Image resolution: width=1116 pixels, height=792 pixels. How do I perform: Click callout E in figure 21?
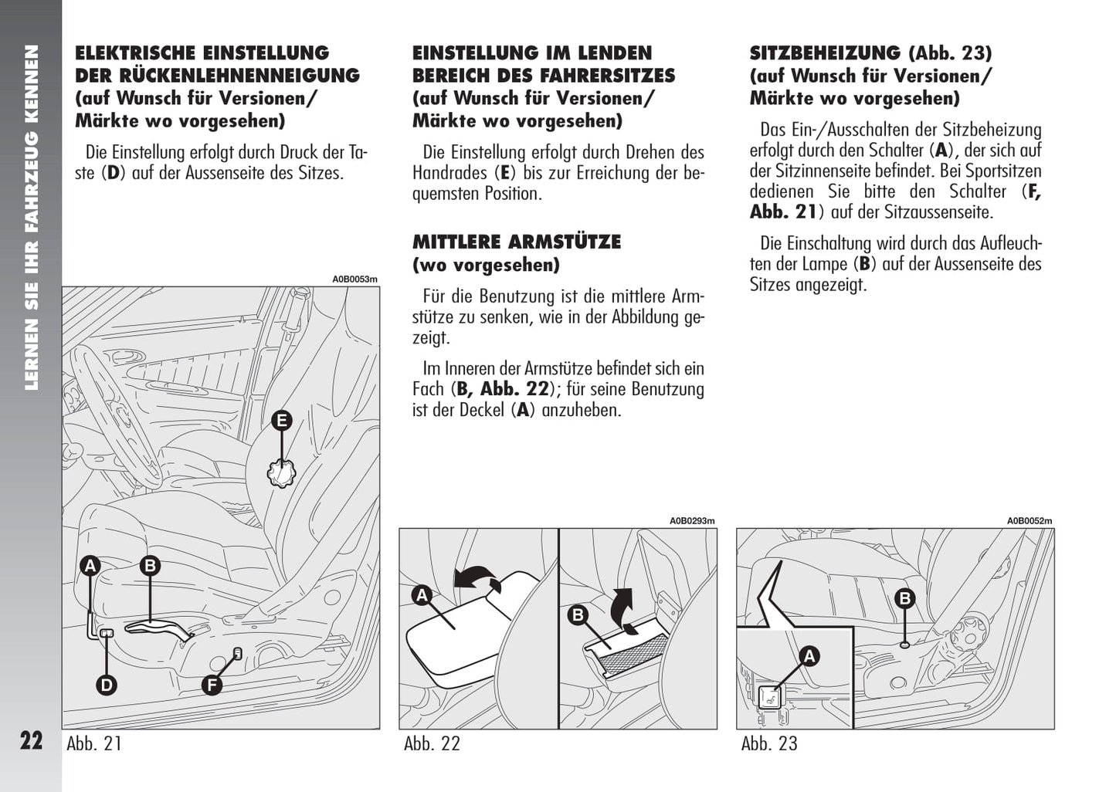click(x=282, y=421)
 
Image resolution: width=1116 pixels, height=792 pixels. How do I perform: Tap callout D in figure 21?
click(x=107, y=685)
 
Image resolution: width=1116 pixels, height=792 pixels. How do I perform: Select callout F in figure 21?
click(x=211, y=685)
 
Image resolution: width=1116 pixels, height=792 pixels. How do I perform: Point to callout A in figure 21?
click(x=90, y=566)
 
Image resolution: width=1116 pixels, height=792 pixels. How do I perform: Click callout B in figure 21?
click(x=150, y=566)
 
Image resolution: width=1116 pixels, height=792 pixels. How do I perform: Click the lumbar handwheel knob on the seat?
click(x=281, y=473)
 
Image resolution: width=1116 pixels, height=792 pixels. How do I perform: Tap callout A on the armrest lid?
click(x=422, y=595)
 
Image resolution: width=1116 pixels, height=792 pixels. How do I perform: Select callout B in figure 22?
click(x=577, y=615)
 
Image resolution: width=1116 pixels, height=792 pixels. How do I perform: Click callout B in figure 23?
click(x=904, y=597)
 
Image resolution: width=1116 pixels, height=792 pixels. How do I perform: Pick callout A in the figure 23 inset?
click(x=809, y=656)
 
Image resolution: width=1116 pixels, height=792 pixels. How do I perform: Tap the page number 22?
click(x=31, y=741)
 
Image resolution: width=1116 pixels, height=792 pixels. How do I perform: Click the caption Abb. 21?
click(x=94, y=744)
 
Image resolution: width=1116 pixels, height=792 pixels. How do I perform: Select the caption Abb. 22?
click(x=432, y=744)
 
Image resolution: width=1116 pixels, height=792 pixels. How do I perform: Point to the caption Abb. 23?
click(x=769, y=744)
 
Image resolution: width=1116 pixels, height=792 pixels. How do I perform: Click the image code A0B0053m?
click(x=355, y=279)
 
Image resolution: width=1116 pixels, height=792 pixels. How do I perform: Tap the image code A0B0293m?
click(x=692, y=521)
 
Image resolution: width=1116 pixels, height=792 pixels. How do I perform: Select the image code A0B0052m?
click(x=1029, y=521)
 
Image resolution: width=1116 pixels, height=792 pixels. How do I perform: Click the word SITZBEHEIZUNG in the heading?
click(x=825, y=53)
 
